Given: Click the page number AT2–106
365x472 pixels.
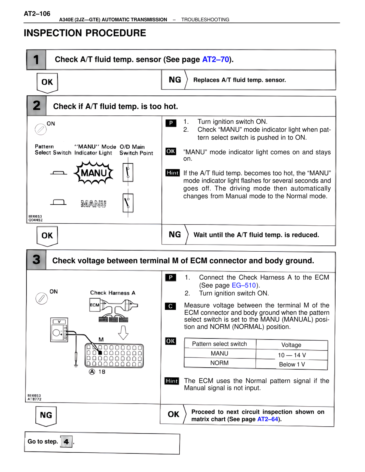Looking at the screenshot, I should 37,14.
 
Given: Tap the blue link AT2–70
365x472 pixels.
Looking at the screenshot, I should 216,59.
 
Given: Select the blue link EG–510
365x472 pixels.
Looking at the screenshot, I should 244,285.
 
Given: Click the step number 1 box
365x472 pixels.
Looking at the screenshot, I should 36,60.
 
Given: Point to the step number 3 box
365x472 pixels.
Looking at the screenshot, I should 36,260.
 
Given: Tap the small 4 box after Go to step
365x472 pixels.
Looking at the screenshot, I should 66,442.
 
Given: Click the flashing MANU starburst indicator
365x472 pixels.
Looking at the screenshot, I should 94,173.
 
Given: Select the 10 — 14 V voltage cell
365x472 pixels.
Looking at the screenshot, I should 291,355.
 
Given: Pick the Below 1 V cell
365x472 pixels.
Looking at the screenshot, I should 291,365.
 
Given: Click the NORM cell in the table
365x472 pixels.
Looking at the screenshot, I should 219,363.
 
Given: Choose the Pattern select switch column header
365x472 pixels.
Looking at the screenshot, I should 219,344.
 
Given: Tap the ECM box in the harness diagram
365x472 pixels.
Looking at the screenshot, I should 95,305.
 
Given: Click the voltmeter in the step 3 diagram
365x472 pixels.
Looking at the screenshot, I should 59,329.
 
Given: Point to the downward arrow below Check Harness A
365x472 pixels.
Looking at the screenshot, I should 123,332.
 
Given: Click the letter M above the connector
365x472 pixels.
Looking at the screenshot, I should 101,339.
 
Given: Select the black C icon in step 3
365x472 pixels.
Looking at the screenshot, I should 171,306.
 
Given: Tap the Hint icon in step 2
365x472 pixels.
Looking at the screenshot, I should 173,173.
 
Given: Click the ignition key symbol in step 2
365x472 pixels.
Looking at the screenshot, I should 40,129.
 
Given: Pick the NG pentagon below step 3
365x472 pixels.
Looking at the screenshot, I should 46,416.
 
